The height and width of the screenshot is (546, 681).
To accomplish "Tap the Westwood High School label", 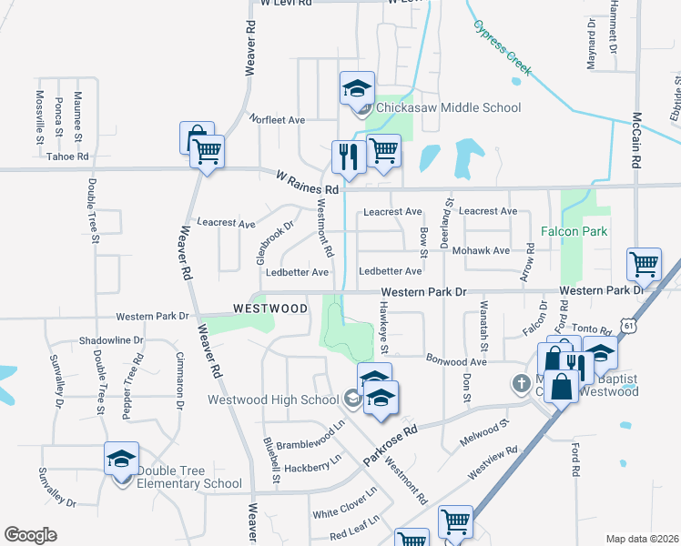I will click(273, 399).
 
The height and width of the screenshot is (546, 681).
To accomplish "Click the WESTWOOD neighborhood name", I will click(270, 308).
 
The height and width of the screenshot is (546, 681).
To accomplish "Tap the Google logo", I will click(30, 535).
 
